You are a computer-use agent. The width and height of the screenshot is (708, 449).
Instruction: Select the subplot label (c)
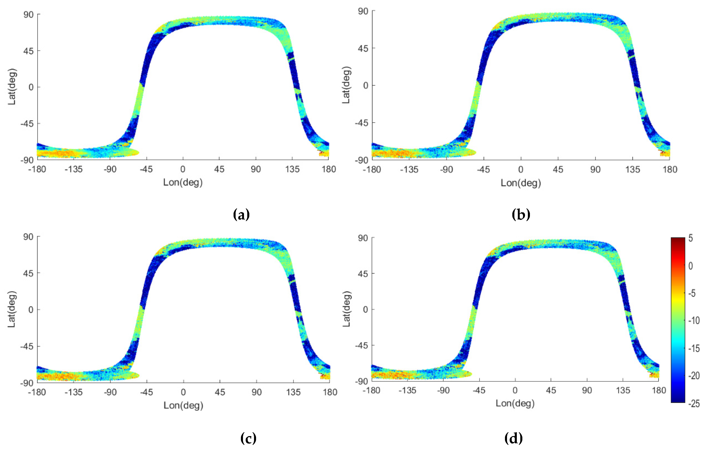click(248, 438)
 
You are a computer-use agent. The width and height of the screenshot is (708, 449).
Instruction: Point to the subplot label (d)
click(513, 438)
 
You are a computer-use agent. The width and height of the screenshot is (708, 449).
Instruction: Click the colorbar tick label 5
click(691, 238)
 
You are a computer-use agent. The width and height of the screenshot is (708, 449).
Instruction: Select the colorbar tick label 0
click(691, 266)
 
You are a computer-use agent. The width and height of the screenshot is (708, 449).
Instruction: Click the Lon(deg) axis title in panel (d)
click(515, 403)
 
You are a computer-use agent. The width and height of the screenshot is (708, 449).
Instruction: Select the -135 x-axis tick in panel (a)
click(73, 169)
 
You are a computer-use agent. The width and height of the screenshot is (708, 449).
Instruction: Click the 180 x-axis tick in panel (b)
click(670, 170)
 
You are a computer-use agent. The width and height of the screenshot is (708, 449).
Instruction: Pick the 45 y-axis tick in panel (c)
click(28, 273)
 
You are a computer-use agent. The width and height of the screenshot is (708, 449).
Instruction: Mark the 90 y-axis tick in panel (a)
click(28, 14)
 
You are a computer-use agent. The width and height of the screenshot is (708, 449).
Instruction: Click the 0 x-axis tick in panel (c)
click(183, 392)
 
